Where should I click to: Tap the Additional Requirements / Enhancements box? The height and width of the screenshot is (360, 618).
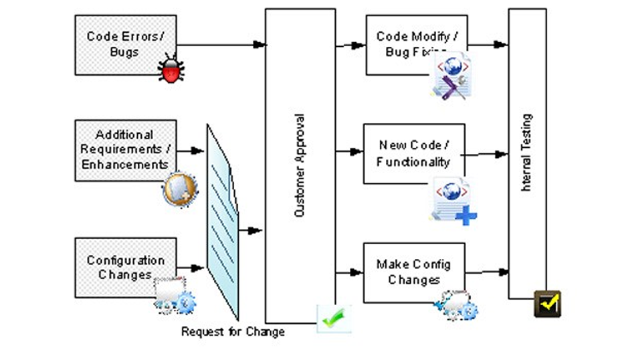coord(126,149)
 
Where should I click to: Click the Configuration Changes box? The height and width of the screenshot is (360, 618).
coord(125,267)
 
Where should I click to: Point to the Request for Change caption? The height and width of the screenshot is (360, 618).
coord(233,332)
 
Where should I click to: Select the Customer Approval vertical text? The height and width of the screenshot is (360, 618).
coord(300,165)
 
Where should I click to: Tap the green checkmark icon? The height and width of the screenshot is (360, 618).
coord(333,319)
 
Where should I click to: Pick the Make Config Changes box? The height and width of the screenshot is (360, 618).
coord(413,272)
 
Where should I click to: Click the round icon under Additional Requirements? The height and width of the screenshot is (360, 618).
coord(179,189)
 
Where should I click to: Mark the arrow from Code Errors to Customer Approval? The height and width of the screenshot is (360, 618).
coord(221,46)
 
